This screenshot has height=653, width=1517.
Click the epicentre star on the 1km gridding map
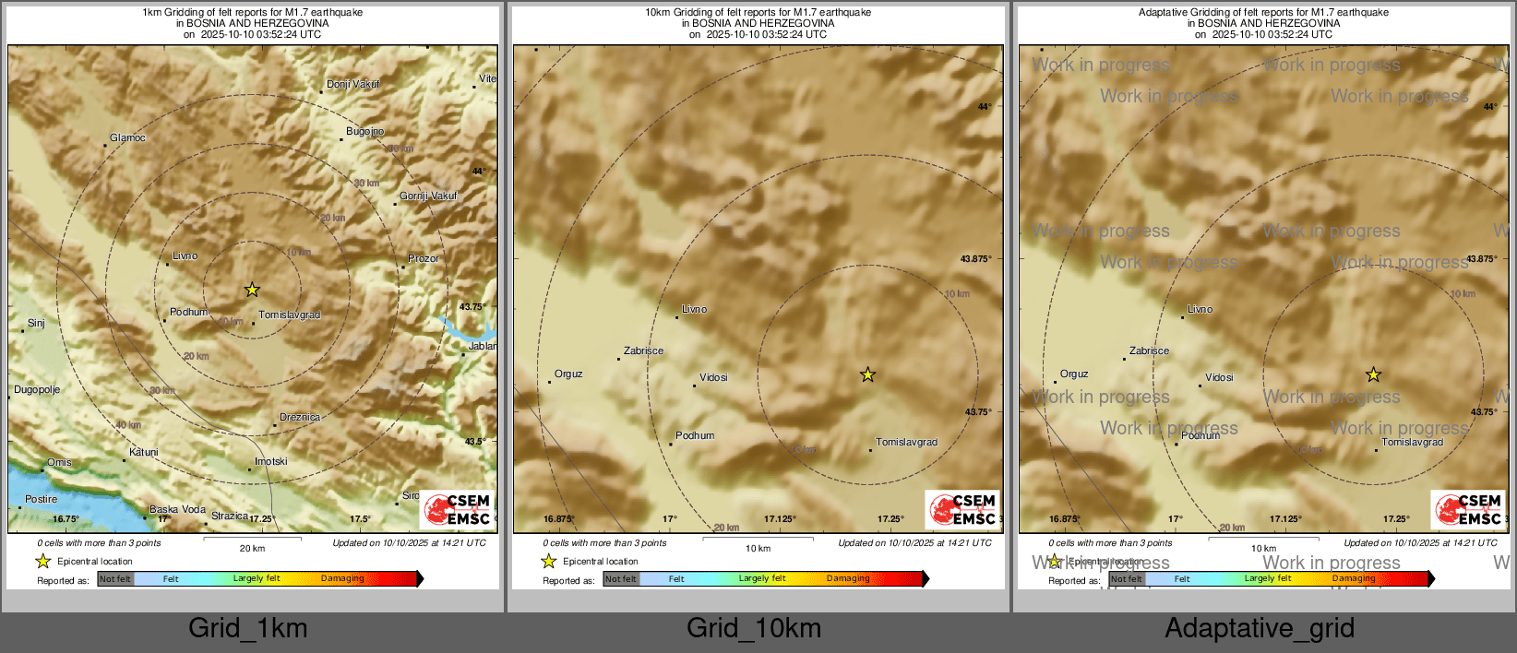click(252, 290)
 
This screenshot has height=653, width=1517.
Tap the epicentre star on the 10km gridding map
click(867, 374)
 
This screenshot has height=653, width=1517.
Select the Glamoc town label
click(127, 138)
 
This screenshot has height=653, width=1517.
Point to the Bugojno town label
click(364, 132)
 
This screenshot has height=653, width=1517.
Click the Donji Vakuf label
click(352, 84)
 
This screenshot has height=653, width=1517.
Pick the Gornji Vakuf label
click(428, 196)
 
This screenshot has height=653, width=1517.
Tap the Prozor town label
click(424, 258)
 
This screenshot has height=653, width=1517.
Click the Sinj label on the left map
click(36, 324)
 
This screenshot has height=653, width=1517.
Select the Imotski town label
click(270, 462)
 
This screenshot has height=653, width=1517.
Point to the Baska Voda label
click(177, 509)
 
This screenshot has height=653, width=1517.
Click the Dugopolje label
click(37, 390)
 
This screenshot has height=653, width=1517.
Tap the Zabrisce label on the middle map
click(643, 351)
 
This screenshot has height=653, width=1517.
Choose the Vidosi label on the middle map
click(713, 377)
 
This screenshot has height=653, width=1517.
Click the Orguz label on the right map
click(1074, 374)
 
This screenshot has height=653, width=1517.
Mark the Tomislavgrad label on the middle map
click(906, 443)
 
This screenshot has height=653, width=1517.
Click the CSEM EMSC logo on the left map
click(458, 510)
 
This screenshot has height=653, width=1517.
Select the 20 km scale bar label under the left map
click(252, 548)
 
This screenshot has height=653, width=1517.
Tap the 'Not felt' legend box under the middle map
click(621, 579)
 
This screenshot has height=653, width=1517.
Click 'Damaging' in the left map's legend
click(342, 578)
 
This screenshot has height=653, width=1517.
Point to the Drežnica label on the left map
click(300, 418)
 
